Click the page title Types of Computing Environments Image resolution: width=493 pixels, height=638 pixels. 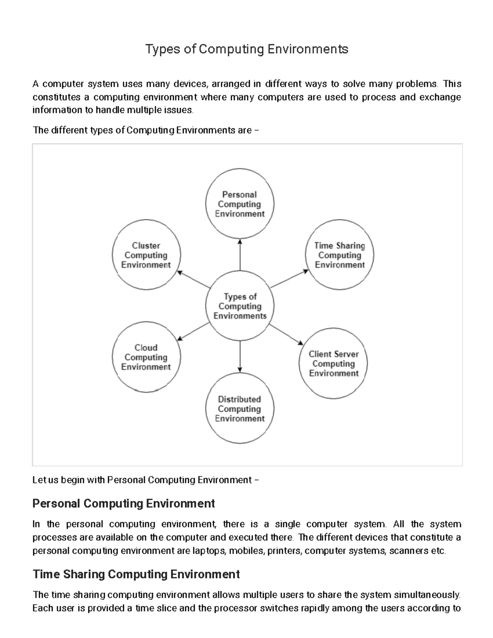pyautogui.click(x=247, y=49)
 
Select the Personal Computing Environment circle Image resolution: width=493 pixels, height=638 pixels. pyautogui.click(x=240, y=204)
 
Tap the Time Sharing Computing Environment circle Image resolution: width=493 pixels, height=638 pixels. pyautogui.click(x=339, y=255)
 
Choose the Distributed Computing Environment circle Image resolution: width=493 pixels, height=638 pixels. pyautogui.click(x=240, y=409)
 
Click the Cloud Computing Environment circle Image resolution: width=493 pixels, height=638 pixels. pyautogui.click(x=146, y=357)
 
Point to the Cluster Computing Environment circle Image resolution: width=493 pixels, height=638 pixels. pyautogui.click(x=146, y=255)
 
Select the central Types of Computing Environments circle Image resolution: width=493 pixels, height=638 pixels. pyautogui.click(x=240, y=306)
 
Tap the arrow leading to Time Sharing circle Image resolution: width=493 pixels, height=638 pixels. pyautogui.click(x=289, y=279)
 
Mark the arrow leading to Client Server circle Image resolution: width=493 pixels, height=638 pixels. pyautogui.click(x=286, y=334)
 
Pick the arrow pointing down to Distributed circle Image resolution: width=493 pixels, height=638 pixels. pyautogui.click(x=240, y=356)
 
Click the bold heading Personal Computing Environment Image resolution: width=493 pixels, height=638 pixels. pyautogui.click(x=124, y=504)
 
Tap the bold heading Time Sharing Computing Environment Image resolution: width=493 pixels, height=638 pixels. pyautogui.click(x=136, y=574)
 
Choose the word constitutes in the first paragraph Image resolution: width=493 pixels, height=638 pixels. pyautogui.click(x=56, y=97)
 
